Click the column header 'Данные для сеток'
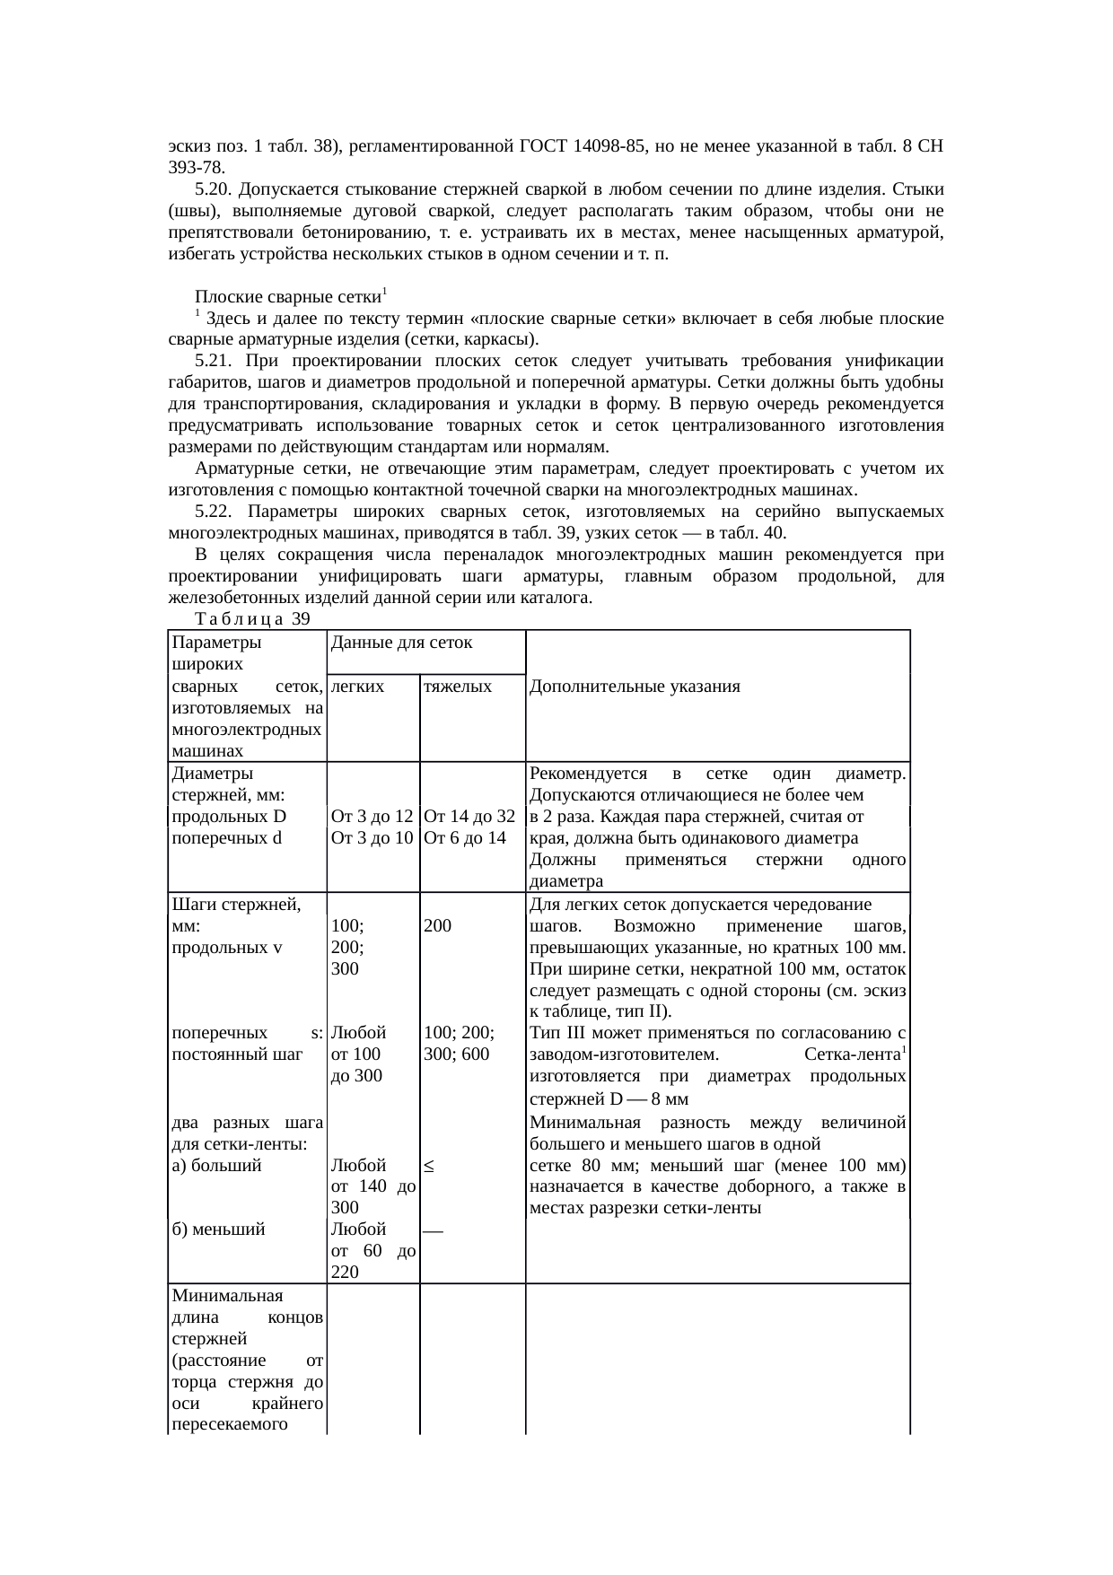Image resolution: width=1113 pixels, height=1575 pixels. [x=401, y=643]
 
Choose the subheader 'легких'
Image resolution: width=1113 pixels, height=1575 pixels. [x=357, y=687]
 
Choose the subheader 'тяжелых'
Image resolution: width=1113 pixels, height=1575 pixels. [x=458, y=687]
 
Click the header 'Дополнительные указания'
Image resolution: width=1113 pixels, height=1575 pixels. [x=635, y=687]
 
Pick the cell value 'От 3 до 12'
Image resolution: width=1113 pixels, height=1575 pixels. [x=372, y=817]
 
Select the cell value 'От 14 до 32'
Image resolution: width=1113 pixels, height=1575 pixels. [x=469, y=817]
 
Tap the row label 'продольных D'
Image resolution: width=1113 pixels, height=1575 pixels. [x=228, y=817]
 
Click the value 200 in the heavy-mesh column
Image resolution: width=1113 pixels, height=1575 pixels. [x=437, y=925]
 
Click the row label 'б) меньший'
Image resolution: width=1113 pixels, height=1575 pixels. [x=217, y=1229]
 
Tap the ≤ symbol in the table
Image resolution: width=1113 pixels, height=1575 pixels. [x=429, y=1166]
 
